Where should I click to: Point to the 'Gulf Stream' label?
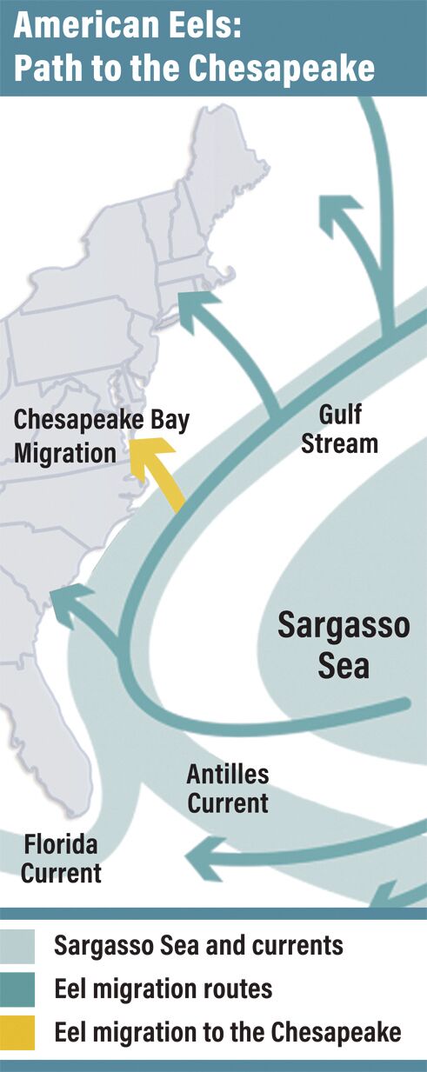[340, 429]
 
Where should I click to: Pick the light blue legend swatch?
[18, 946]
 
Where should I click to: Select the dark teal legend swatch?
[18, 989]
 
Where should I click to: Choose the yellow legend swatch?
[18, 1032]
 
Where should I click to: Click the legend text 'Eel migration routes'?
[163, 989]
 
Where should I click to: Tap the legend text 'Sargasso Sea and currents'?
[198, 946]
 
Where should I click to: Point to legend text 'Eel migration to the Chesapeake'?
[228, 1032]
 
